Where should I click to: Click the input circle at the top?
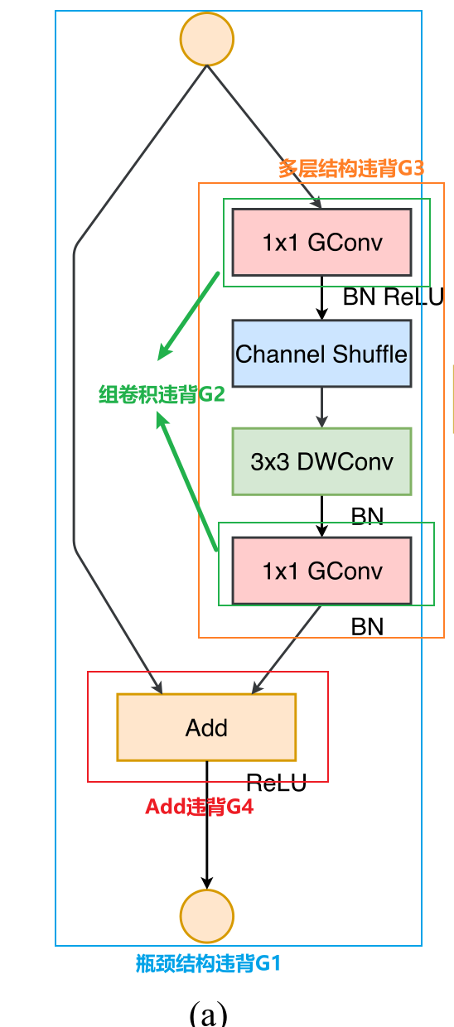coord(207,39)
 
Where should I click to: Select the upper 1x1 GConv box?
coord(321,242)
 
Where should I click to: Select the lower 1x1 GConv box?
coord(321,571)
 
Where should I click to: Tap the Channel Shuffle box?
coord(321,354)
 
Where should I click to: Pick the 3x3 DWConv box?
coord(321,461)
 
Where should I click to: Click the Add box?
coord(206,728)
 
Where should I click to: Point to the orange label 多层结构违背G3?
coord(350,169)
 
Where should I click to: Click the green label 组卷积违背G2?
coord(162,394)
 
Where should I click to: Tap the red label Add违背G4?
coord(199,807)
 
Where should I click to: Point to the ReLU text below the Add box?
coord(276,783)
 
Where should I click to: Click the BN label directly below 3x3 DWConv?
coord(367,517)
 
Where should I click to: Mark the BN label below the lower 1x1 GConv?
coord(367,627)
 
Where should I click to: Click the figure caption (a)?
coord(208,1012)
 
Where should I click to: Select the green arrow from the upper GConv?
coord(190,316)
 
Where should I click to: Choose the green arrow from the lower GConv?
coord(186,481)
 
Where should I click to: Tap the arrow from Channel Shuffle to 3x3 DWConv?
coord(322,407)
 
